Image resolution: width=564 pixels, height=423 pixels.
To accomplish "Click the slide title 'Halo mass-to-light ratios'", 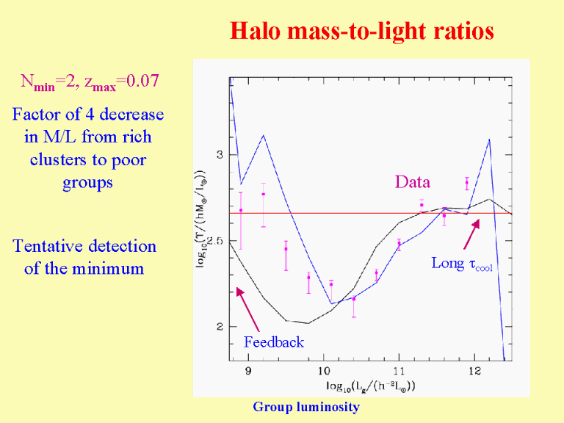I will (x=361, y=31).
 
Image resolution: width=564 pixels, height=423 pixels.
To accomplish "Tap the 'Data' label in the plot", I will (x=412, y=182).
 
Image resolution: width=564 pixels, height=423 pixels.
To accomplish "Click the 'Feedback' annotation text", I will (x=273, y=341).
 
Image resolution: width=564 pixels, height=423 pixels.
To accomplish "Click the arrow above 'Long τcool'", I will (x=471, y=232).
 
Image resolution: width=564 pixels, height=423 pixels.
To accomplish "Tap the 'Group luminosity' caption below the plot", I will (x=306, y=407).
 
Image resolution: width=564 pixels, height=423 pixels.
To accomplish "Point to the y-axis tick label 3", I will (x=219, y=155).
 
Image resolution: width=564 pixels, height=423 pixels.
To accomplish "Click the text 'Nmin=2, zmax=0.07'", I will (x=89, y=82).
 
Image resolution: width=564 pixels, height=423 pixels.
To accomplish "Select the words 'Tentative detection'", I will (x=84, y=246).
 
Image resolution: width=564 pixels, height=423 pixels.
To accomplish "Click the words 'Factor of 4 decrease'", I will (x=88, y=115).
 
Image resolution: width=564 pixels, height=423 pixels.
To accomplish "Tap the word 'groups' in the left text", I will (x=88, y=182).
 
